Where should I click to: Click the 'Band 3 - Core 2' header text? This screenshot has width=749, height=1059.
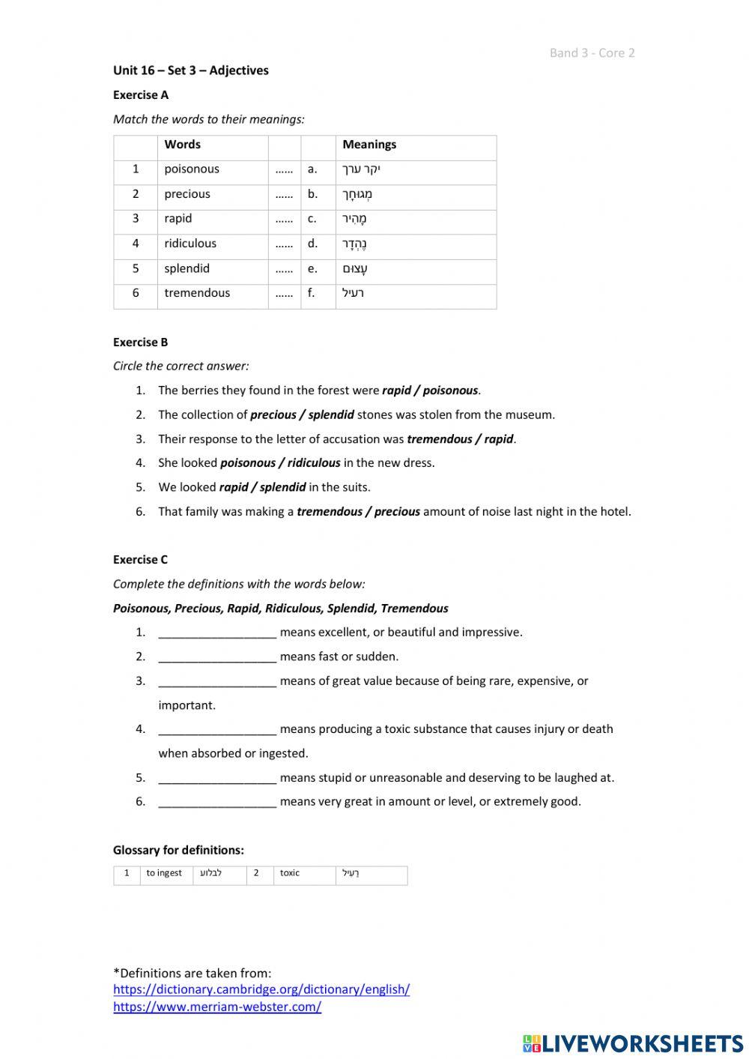592,52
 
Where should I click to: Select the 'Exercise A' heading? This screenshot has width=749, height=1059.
141,95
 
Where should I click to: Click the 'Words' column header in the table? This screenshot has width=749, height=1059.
183,145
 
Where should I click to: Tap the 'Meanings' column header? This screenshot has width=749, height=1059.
369,145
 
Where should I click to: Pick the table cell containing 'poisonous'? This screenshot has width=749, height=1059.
192,169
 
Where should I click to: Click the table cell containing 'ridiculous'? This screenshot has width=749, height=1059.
190,244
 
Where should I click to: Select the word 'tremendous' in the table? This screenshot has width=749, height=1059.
197,293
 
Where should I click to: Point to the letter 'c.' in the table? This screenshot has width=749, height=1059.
312,219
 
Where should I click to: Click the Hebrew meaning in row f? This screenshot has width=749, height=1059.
353,293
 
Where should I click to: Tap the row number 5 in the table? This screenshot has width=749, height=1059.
136,268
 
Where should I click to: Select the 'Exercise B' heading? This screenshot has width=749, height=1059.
141,343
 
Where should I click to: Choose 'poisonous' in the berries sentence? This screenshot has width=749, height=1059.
450,390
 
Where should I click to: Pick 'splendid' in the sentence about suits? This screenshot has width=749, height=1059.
282,487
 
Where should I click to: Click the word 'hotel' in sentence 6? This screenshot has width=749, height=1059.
613,512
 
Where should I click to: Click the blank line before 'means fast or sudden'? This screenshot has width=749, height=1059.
217,657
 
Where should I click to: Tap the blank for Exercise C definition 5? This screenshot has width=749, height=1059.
217,779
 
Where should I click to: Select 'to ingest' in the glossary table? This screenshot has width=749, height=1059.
164,873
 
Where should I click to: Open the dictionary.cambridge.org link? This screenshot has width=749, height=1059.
261,989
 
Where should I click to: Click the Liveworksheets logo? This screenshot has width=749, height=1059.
633,1043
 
